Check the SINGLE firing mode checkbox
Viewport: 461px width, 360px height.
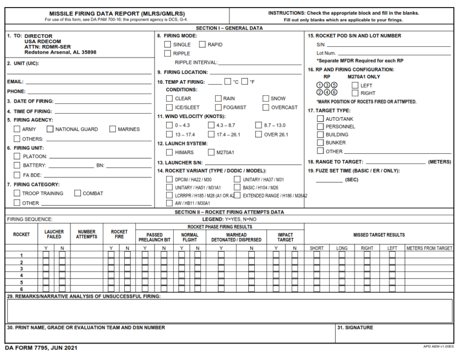click(x=167, y=45)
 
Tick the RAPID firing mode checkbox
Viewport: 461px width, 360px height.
click(x=202, y=45)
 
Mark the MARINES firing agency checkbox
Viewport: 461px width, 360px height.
click(x=113, y=129)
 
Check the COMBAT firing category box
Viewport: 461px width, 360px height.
click(x=77, y=193)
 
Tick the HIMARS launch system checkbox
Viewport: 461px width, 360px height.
click(x=169, y=152)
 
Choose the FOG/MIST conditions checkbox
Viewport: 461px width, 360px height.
click(x=218, y=108)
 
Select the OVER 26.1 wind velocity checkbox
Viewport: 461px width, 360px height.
click(x=258, y=134)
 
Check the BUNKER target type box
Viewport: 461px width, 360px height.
click(x=320, y=142)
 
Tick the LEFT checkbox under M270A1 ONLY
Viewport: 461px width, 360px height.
click(x=355, y=85)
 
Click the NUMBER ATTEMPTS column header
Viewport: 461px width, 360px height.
click(x=86, y=234)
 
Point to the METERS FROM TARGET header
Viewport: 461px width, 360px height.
click(x=429, y=248)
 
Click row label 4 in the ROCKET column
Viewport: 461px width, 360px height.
click(x=21, y=275)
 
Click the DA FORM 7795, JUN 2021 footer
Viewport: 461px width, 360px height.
click(x=41, y=348)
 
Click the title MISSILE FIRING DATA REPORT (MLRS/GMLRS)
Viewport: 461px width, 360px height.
click(x=117, y=14)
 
